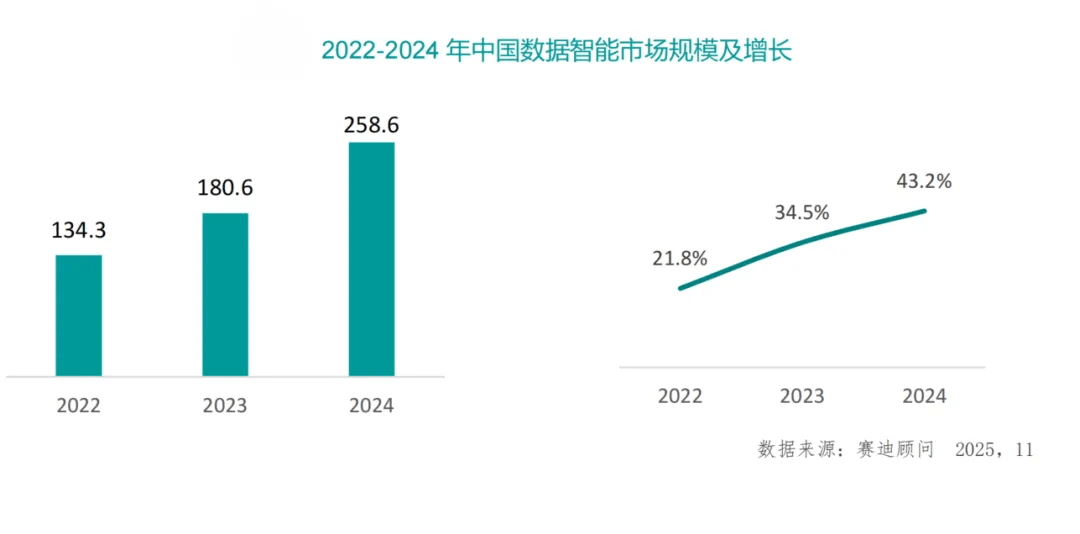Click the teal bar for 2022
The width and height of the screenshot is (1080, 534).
coord(78,315)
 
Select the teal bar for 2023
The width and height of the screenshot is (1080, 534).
coord(225,294)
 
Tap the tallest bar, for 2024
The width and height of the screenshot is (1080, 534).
coord(371,259)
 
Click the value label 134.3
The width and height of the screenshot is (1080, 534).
coord(79,231)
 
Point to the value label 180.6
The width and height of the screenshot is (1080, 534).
coord(225,189)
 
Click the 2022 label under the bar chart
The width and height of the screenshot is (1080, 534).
coord(79,406)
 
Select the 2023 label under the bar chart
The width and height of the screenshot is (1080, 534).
coord(225,406)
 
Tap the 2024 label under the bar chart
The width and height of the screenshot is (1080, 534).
coord(371,406)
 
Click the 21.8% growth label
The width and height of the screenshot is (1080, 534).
coord(680,258)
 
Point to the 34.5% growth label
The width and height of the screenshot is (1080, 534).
coord(802,213)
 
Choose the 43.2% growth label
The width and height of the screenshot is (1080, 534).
coord(924,182)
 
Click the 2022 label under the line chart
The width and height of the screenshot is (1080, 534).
coord(680,396)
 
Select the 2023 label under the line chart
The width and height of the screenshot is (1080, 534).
coord(802,396)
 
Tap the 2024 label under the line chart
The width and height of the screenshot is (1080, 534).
coord(924,396)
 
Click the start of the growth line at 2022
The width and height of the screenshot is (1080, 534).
coord(681,288)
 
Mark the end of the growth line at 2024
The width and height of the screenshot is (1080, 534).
coord(924,210)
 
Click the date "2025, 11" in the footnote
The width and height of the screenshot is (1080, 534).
coord(993,450)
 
